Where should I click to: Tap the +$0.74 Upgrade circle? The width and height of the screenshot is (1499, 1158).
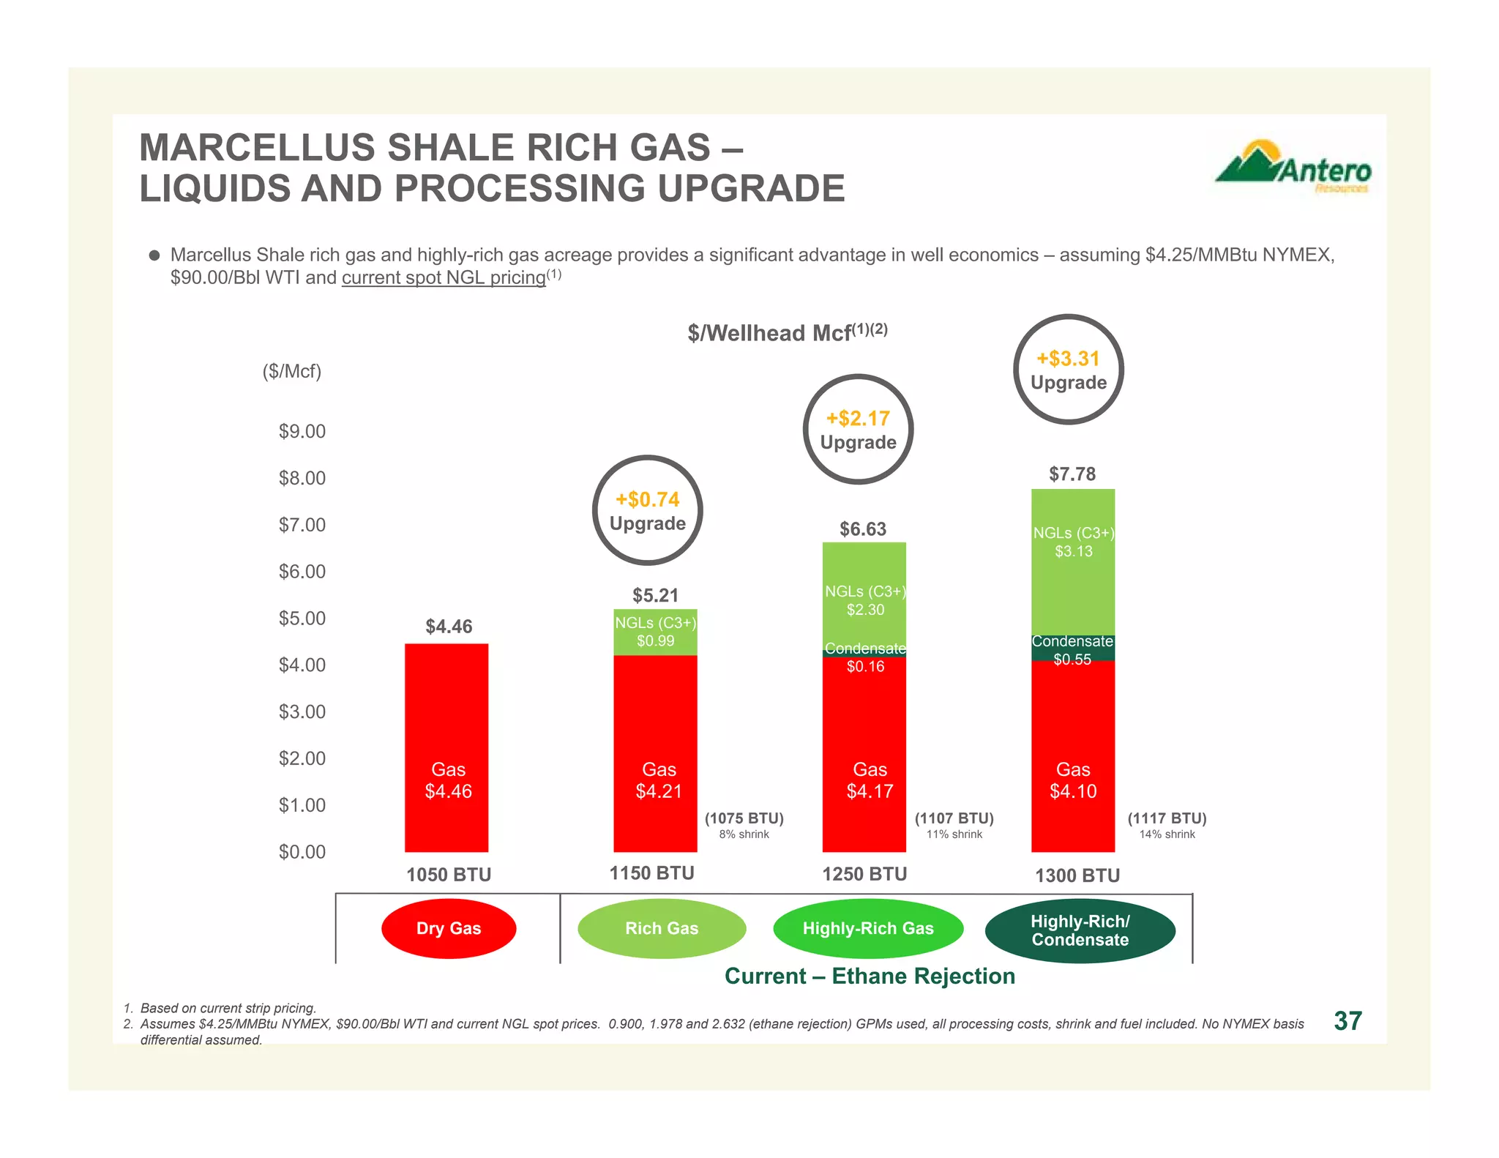[x=647, y=510]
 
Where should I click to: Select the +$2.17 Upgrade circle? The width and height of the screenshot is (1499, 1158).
[x=858, y=430]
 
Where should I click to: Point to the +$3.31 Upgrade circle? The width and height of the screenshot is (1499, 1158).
[x=1068, y=370]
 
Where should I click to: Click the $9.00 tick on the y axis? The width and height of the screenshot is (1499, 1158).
[x=302, y=431]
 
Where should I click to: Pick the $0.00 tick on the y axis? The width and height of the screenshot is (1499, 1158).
[x=302, y=851]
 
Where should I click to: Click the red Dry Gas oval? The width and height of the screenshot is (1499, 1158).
[x=449, y=928]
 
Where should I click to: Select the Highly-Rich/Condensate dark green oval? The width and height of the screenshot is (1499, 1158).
[x=1080, y=930]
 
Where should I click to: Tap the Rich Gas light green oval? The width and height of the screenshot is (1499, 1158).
[x=661, y=928]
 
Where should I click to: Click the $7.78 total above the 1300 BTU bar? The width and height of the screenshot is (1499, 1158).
[x=1072, y=474]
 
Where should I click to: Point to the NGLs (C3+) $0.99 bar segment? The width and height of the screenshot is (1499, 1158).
[x=655, y=632]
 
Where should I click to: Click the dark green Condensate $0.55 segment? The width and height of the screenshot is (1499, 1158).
[x=1072, y=649]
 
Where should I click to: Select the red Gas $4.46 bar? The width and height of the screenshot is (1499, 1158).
[x=446, y=747]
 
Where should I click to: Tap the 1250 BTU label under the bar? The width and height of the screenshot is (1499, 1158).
[x=864, y=874]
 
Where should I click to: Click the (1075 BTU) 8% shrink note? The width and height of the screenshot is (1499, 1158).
[x=744, y=825]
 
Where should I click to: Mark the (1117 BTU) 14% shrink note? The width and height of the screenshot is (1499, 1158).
[x=1167, y=825]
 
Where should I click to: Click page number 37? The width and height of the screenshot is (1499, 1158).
[x=1347, y=1021]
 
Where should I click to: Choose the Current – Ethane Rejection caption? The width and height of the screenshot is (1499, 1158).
[x=870, y=976]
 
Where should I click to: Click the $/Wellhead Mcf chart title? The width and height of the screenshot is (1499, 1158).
[x=787, y=332]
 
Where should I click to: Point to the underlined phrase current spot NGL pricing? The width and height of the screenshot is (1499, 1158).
[x=444, y=278]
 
